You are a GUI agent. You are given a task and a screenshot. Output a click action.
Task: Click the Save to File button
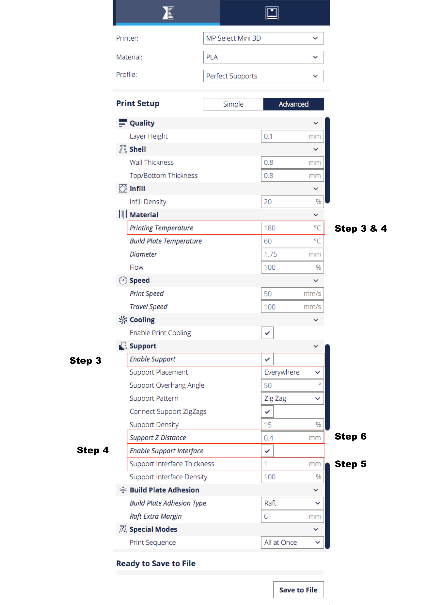click(x=298, y=590)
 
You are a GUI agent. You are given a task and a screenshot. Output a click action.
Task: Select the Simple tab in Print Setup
click(x=233, y=104)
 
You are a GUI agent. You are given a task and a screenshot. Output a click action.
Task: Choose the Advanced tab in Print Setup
click(x=294, y=104)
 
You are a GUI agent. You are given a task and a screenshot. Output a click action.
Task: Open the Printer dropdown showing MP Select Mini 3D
click(x=263, y=38)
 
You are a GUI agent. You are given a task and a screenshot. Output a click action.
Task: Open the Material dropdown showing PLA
click(x=263, y=57)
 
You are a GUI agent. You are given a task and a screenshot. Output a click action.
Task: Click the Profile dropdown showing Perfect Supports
click(x=263, y=76)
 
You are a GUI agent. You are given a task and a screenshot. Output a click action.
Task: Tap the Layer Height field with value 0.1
click(x=292, y=136)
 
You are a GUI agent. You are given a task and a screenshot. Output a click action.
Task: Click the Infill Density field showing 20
click(x=292, y=202)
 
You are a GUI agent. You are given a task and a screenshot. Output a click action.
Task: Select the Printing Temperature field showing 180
click(x=292, y=228)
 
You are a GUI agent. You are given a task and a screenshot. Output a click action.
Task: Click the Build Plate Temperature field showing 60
click(x=292, y=241)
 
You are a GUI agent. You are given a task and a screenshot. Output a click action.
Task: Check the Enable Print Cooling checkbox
click(x=267, y=333)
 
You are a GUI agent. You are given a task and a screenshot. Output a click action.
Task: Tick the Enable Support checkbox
click(x=267, y=359)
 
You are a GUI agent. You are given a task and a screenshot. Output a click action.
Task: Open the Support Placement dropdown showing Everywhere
click(x=292, y=372)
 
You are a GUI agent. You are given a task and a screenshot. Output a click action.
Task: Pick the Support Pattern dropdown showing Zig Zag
click(x=292, y=399)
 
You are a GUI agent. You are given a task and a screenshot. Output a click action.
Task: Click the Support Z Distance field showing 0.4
click(x=292, y=438)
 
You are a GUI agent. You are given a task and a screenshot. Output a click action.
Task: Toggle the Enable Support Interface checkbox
click(x=267, y=451)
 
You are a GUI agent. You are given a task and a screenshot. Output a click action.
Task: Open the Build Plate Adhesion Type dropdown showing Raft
click(x=292, y=503)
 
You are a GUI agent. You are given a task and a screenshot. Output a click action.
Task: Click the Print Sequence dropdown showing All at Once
click(x=292, y=543)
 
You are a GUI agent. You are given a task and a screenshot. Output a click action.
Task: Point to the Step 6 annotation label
click(x=350, y=437)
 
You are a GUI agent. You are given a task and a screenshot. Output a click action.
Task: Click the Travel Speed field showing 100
click(x=292, y=307)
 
